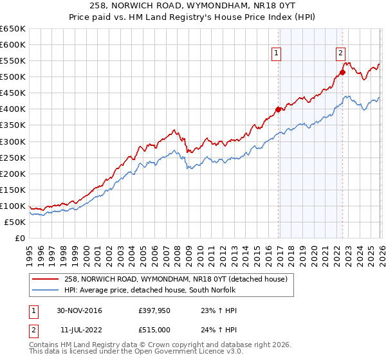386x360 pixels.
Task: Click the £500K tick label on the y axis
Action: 13,77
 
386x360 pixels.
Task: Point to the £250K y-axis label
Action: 13,157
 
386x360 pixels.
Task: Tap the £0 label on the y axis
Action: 20,238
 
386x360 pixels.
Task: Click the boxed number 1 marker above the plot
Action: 276,54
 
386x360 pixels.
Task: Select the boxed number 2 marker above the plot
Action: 340,54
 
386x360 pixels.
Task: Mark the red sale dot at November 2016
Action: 278,109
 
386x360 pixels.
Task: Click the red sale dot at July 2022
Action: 342,72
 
